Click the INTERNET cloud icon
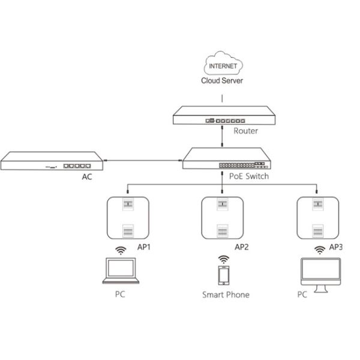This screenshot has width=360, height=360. tap(223, 65)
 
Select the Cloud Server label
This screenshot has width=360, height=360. tap(223, 80)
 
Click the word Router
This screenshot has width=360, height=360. tap(246, 130)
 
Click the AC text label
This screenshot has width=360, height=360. tap(87, 178)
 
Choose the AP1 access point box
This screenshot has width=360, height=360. tap(127, 218)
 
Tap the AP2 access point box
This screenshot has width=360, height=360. tap(223, 218)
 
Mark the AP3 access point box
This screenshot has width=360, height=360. tap(317, 218)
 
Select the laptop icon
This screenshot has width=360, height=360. tap(121, 272)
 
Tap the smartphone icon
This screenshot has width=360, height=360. tap(223, 275)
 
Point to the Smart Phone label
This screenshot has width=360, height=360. tap(225, 295)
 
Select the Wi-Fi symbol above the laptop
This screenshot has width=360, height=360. tap(121, 250)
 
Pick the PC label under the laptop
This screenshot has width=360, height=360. tap(119, 295)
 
